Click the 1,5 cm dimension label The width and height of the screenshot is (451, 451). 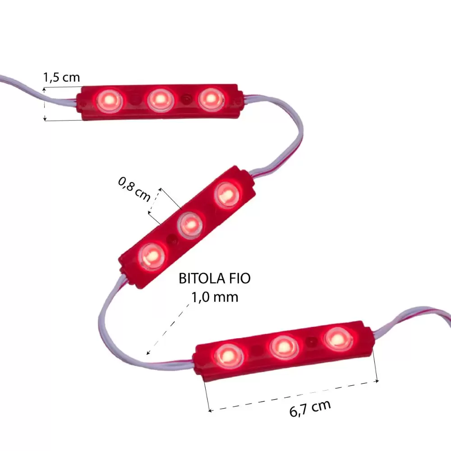point(61,78)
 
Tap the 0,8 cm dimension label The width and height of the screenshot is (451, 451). point(134,189)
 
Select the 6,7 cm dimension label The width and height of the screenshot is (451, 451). point(309,407)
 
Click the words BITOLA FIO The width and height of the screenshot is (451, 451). point(215,279)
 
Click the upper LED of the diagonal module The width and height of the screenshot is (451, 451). point(227,194)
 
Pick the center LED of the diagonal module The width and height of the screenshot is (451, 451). point(189,223)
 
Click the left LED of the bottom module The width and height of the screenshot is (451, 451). point(227,355)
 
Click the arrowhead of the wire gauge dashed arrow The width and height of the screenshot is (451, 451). point(147,354)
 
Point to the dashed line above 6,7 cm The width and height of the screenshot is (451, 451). point(293,396)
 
